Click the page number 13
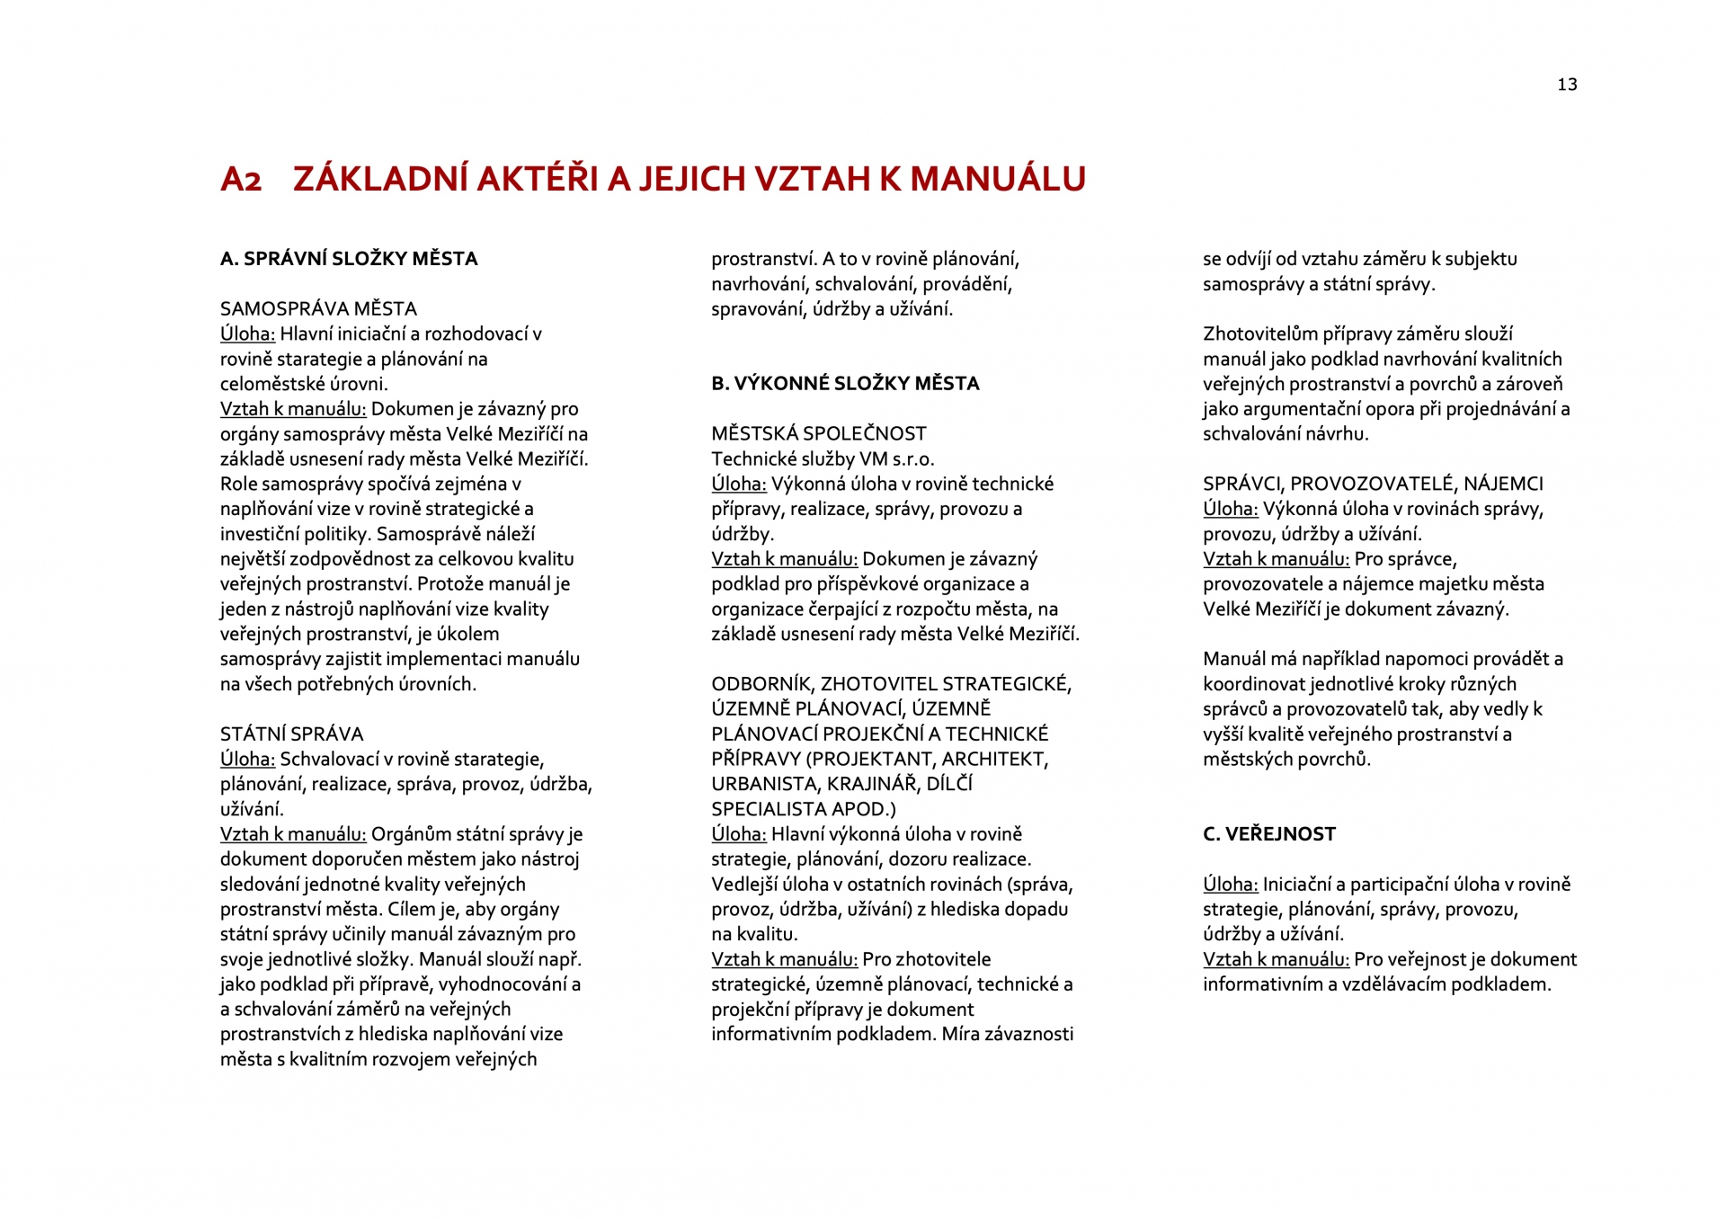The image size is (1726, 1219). click(x=1567, y=85)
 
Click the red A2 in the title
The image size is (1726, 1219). click(x=241, y=180)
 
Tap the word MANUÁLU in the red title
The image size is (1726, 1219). click(x=998, y=179)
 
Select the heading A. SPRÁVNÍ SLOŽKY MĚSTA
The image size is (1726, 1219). click(x=349, y=259)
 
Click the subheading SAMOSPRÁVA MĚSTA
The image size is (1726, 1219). click(x=318, y=309)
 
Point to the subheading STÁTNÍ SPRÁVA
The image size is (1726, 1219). click(x=291, y=734)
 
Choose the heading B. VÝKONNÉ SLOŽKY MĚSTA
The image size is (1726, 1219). click(x=845, y=384)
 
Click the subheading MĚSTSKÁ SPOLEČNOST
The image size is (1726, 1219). click(x=818, y=434)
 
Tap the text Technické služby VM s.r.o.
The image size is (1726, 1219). click(x=823, y=459)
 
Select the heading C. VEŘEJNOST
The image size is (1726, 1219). click(x=1268, y=834)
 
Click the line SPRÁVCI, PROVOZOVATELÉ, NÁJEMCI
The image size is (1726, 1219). click(x=1373, y=485)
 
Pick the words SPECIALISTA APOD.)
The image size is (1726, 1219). click(x=803, y=809)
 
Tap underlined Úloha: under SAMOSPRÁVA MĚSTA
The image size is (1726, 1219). click(x=247, y=334)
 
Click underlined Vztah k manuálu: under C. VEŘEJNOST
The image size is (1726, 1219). click(x=1276, y=959)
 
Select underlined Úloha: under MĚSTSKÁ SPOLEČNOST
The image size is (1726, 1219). click(x=738, y=485)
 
